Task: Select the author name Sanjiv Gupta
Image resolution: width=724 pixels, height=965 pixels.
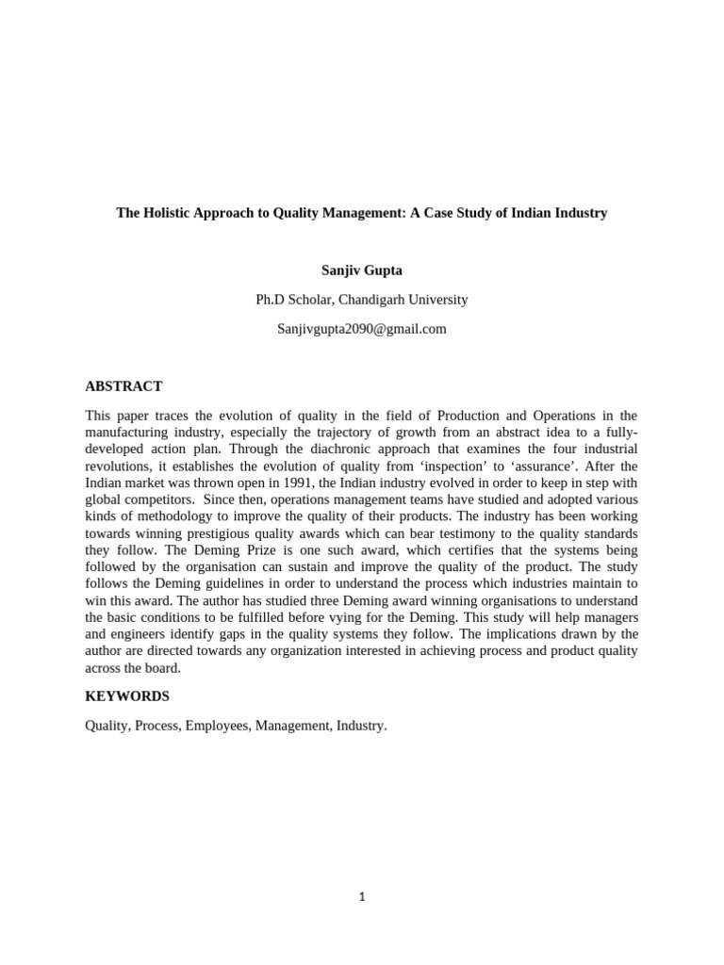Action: pyautogui.click(x=362, y=270)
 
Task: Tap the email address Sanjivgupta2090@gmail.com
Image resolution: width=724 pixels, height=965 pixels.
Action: pyautogui.click(x=362, y=329)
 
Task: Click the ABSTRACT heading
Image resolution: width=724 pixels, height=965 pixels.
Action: pyautogui.click(x=123, y=386)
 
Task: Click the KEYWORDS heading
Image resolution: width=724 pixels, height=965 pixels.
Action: pyautogui.click(x=127, y=696)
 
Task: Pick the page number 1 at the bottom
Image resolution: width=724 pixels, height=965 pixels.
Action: pyautogui.click(x=362, y=897)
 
